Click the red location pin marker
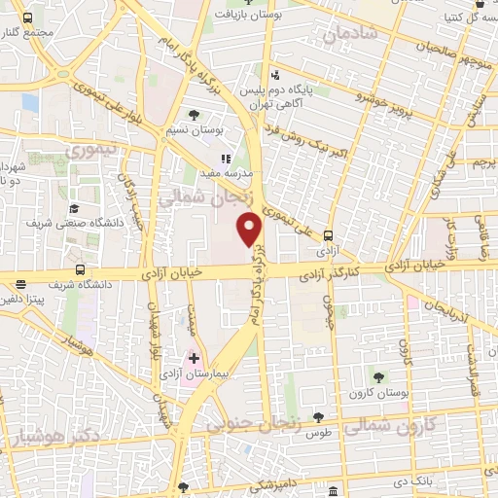click(x=250, y=229)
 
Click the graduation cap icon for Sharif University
click(x=74, y=208)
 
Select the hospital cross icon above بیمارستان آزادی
click(x=194, y=359)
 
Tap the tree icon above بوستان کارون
click(x=378, y=376)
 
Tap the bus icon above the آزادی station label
click(x=328, y=234)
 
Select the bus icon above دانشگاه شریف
click(x=80, y=270)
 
